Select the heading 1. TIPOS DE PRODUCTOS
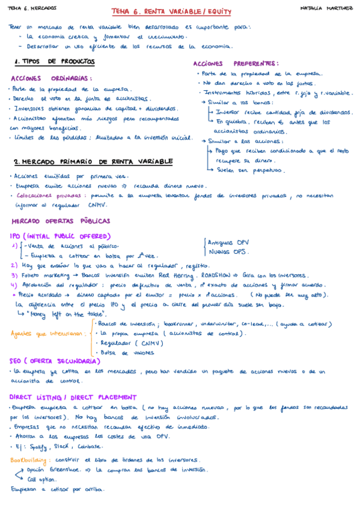54,61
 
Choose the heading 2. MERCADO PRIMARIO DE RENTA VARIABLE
93,162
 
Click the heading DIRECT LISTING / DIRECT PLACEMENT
73,397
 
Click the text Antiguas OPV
228,242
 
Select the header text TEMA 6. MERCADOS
32,8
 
